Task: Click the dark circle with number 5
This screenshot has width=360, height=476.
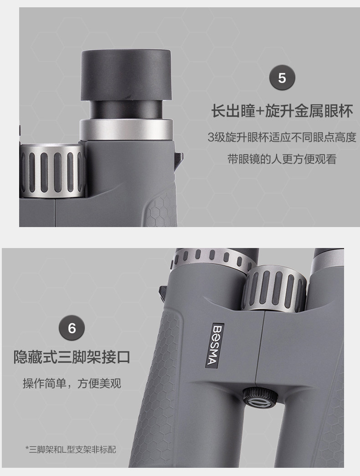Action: tap(282, 78)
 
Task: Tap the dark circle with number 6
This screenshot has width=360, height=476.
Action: tap(72, 328)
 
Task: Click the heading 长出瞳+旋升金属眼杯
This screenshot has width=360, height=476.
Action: tap(282, 111)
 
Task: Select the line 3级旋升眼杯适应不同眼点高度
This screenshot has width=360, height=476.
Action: tap(282, 137)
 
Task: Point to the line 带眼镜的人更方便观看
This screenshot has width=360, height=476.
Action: tap(282, 160)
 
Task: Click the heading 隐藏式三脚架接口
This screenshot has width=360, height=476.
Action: tap(72, 357)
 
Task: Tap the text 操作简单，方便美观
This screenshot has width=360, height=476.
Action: tap(72, 383)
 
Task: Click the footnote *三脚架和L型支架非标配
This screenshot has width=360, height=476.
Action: tap(71, 450)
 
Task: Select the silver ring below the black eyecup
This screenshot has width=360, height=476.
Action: tap(126, 129)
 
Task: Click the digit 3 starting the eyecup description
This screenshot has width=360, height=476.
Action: tap(211, 137)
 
